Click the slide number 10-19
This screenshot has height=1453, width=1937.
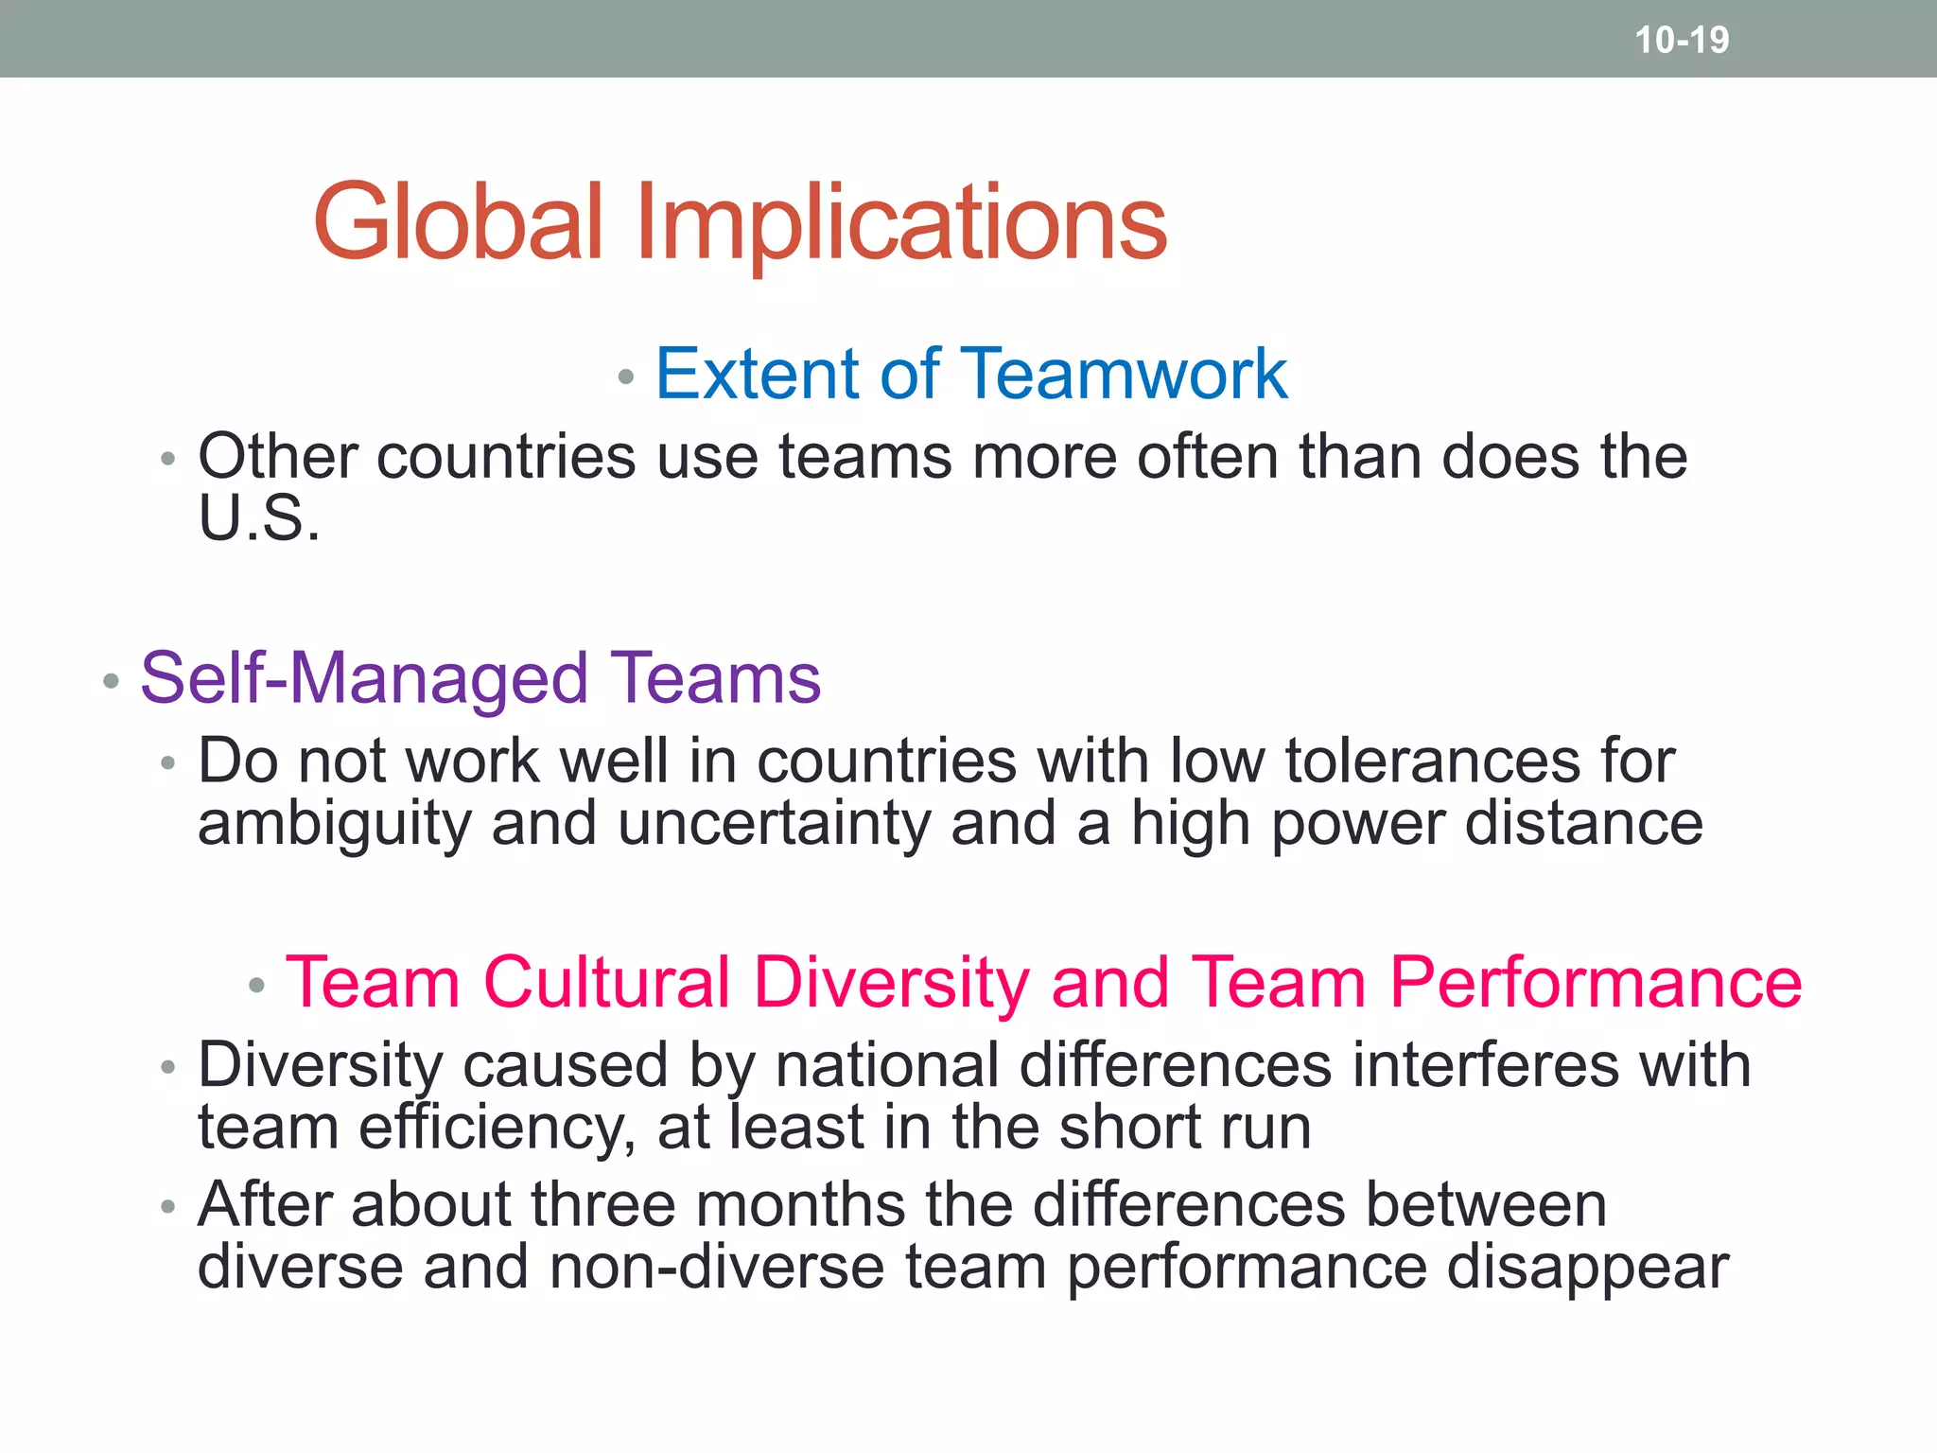(x=1682, y=40)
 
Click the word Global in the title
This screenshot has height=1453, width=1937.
(x=458, y=222)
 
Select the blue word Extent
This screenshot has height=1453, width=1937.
(x=758, y=374)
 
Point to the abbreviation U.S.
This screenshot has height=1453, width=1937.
(x=258, y=519)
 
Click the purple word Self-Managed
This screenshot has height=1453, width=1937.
(x=364, y=679)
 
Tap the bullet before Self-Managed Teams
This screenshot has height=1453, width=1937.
(x=111, y=681)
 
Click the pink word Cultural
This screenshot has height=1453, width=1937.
(x=606, y=983)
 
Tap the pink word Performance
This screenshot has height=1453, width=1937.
(x=1596, y=983)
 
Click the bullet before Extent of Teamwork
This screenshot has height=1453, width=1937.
(x=625, y=377)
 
